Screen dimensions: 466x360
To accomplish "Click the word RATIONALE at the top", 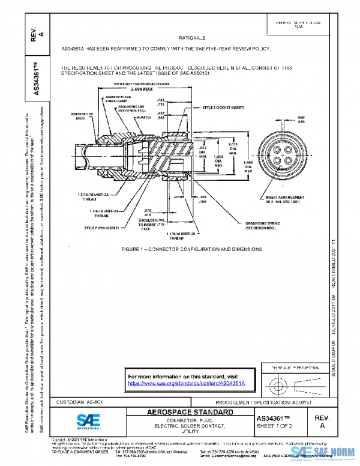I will point(192,37).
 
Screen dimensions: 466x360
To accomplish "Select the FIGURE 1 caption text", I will point(191,248).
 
